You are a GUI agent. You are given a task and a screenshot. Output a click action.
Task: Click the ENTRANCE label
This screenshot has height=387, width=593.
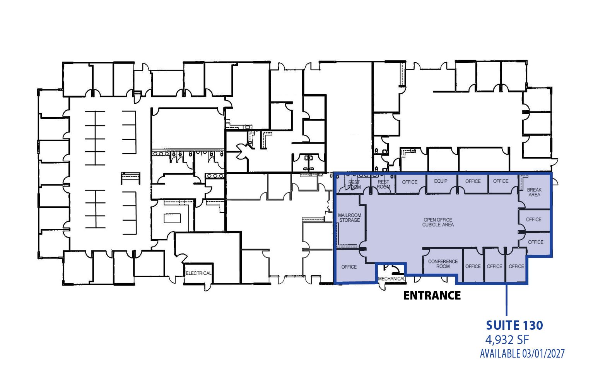click(432, 295)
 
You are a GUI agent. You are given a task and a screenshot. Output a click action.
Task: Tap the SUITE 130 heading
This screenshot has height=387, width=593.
click(514, 325)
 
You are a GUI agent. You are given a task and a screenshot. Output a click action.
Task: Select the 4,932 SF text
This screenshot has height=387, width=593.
click(507, 340)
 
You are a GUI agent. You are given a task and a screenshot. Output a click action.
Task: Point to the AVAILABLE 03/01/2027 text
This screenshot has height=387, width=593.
click(522, 354)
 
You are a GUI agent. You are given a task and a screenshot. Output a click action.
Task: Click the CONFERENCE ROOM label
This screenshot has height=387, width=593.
click(443, 264)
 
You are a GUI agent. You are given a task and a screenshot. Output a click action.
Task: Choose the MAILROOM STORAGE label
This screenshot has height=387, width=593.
click(349, 218)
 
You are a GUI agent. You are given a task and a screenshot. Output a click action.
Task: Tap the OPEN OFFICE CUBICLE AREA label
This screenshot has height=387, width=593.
click(438, 222)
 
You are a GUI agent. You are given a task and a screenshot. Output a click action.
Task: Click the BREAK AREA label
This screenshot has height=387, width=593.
click(534, 192)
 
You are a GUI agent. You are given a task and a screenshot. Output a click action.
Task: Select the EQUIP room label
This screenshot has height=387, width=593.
click(441, 181)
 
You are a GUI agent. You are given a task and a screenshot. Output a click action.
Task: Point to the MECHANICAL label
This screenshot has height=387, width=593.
click(392, 279)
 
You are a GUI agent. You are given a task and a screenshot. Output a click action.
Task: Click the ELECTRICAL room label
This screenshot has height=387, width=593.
click(198, 273)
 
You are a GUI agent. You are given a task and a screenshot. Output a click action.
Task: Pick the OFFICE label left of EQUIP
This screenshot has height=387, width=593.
click(410, 182)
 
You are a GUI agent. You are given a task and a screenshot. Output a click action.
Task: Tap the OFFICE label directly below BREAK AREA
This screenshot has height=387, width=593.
click(534, 219)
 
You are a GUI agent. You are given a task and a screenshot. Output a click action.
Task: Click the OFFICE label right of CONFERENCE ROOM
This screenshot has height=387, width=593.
click(473, 267)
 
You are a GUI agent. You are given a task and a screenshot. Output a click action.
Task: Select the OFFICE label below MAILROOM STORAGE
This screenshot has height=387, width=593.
click(349, 267)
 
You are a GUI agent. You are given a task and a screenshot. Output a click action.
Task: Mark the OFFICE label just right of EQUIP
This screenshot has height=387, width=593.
click(473, 182)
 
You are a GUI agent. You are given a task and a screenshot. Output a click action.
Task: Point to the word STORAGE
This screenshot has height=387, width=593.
click(350, 220)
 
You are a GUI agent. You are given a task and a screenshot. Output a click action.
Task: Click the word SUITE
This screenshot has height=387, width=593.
click(503, 325)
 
